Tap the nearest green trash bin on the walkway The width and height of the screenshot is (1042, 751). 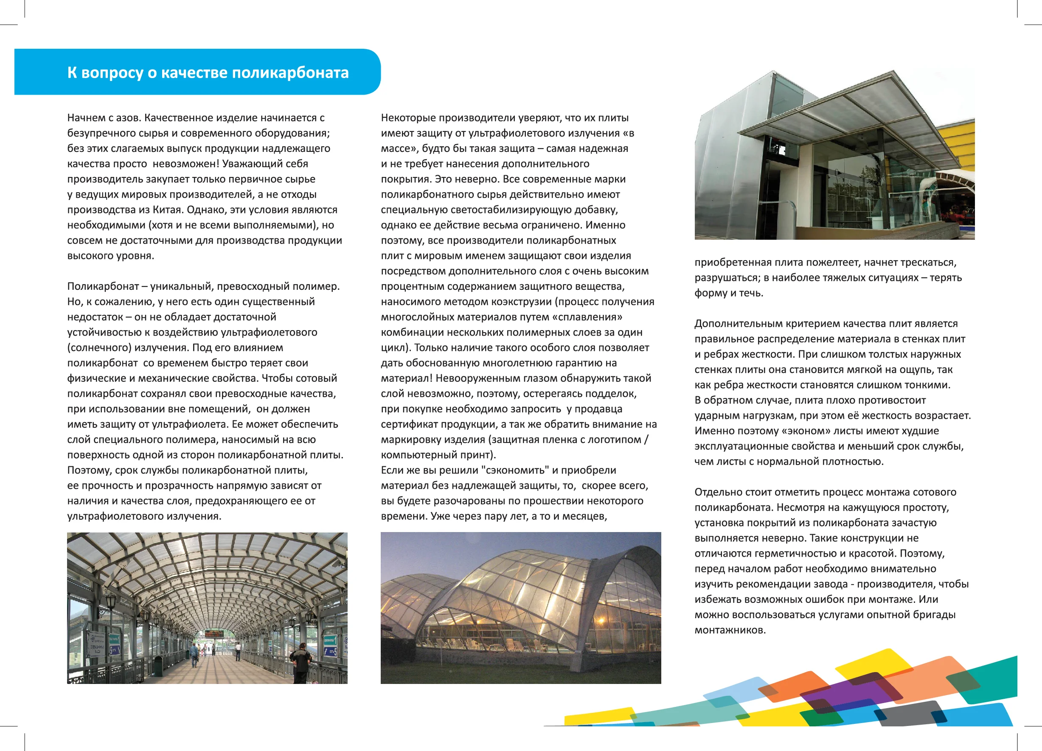[x=158, y=666]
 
